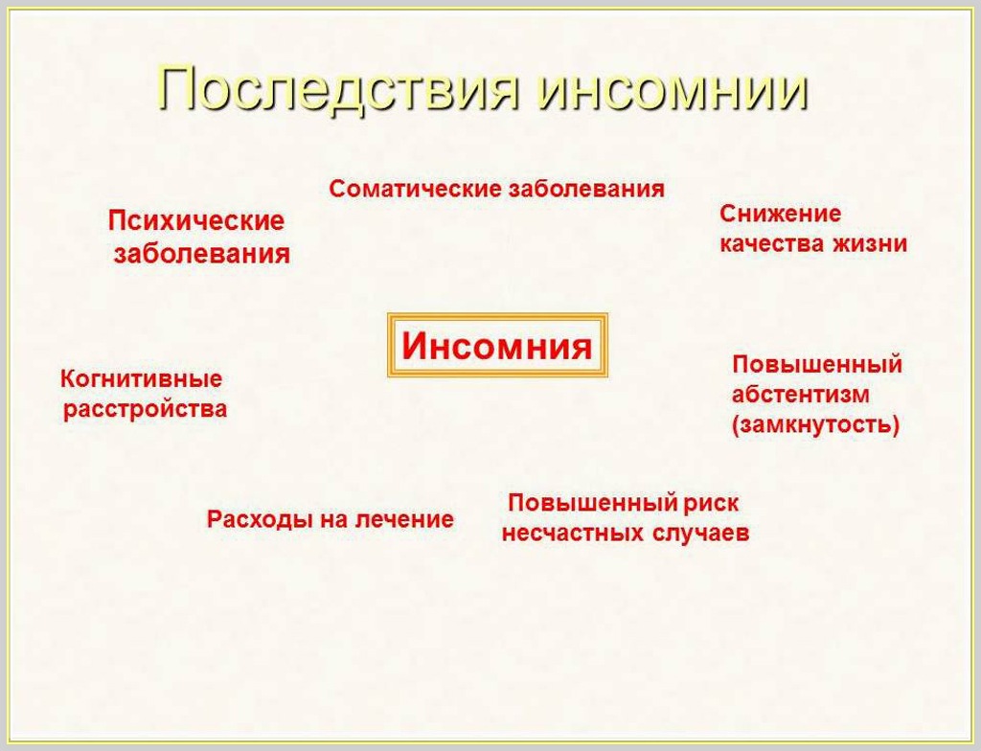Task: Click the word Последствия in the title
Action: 338,89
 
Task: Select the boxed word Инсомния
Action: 497,346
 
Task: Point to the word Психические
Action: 196,221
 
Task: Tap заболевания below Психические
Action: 201,254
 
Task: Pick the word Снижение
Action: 780,214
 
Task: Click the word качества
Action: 771,243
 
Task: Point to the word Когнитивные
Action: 141,379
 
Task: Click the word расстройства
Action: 146,409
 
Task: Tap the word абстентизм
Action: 800,395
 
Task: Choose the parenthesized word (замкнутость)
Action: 816,425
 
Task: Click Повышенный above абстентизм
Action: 817,364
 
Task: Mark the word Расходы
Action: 260,519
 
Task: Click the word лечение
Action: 404,519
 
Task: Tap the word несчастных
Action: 573,534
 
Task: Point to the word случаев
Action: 700,534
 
